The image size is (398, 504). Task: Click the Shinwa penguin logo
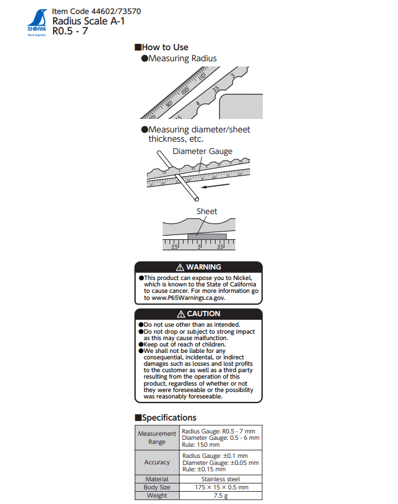click(36, 19)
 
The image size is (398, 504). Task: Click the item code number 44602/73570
click(115, 11)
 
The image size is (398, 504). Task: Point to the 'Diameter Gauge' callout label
click(202, 151)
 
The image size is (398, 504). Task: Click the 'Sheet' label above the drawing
click(206, 211)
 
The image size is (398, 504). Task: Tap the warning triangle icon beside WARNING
click(180, 267)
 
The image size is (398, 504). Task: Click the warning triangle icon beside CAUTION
click(181, 314)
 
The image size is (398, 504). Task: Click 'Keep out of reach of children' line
click(188, 345)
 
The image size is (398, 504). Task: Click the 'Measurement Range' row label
click(157, 437)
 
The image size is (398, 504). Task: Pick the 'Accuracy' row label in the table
click(157, 462)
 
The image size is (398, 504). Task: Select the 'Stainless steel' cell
click(221, 479)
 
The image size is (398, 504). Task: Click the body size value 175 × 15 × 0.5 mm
click(221, 487)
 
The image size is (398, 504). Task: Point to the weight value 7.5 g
click(221, 495)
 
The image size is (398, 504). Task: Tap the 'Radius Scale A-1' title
click(89, 21)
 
